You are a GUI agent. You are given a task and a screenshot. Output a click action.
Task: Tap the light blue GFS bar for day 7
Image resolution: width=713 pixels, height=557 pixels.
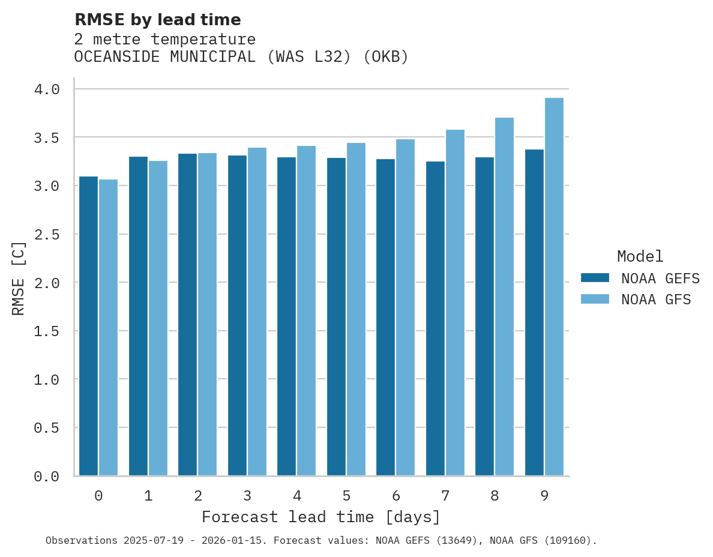click(455, 303)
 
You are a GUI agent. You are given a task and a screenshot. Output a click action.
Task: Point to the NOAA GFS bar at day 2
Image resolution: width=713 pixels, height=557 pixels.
click(207, 315)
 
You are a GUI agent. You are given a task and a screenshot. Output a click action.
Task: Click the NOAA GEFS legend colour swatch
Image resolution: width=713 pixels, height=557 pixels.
click(595, 278)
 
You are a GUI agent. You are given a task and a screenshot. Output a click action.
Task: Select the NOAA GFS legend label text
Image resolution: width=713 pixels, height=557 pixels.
click(656, 300)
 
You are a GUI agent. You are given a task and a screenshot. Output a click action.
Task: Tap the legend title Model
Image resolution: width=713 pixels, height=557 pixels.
click(640, 257)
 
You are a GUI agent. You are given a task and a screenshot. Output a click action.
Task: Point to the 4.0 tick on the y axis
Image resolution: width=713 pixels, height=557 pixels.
click(47, 89)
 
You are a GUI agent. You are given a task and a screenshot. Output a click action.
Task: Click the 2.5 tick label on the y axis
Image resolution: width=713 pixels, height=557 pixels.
click(47, 234)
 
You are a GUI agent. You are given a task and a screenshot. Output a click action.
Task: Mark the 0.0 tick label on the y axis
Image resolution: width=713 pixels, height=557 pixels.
click(47, 477)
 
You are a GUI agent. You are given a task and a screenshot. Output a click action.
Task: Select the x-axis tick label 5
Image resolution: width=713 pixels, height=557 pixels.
click(346, 496)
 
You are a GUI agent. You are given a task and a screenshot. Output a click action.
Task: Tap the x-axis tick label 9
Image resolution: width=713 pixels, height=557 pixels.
click(544, 496)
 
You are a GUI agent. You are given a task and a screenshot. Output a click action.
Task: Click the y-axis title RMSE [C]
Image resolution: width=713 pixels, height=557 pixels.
click(19, 278)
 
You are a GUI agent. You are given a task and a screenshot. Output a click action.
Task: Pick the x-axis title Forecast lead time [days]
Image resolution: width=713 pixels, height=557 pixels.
click(321, 517)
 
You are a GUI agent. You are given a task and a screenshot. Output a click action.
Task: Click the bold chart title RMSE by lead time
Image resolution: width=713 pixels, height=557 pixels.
click(157, 20)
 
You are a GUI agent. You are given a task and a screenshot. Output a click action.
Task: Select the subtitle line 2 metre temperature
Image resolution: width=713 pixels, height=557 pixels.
click(165, 40)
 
